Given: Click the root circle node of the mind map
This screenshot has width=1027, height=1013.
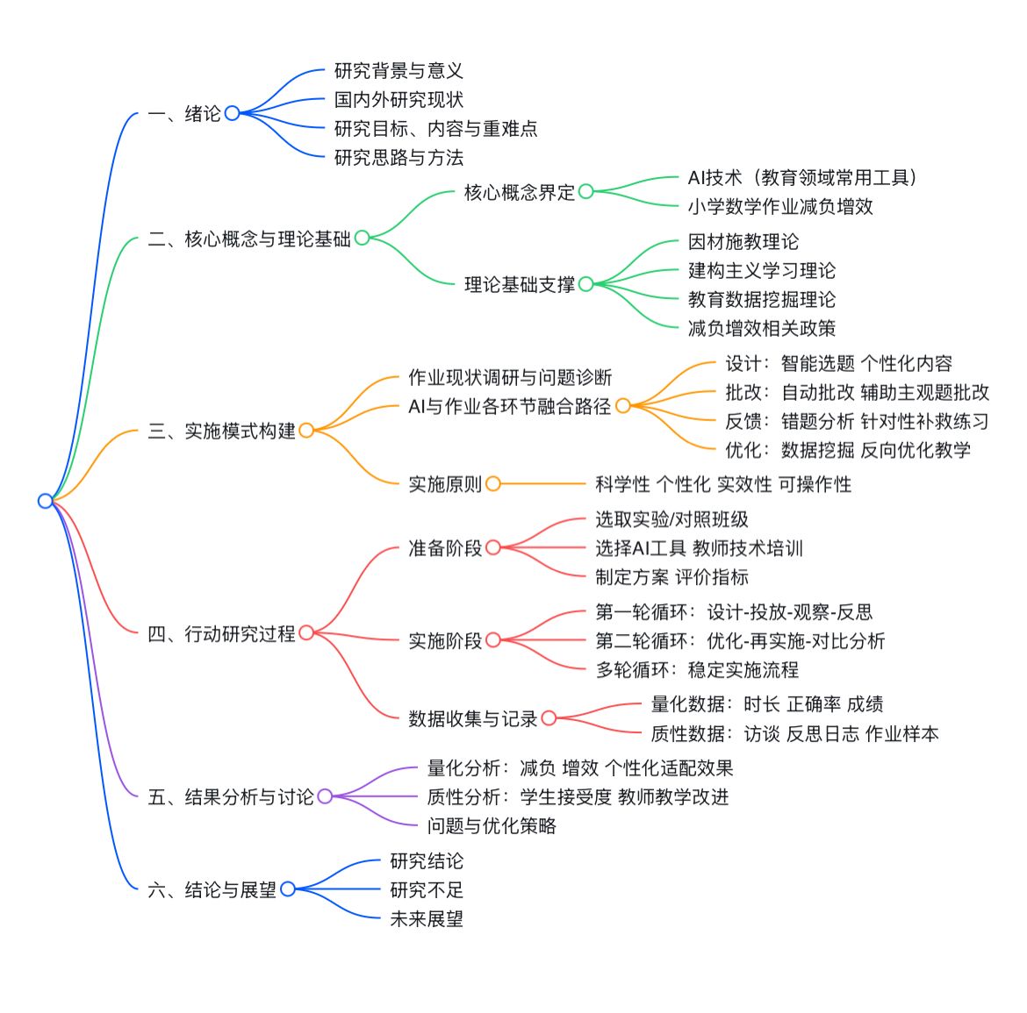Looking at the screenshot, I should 46,501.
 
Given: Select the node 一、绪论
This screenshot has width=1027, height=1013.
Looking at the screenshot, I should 184,113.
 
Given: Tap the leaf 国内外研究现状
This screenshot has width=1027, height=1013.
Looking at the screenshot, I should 399,99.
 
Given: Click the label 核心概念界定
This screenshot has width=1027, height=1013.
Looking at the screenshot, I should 519,192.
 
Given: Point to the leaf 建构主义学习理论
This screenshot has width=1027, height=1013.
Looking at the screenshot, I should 761,270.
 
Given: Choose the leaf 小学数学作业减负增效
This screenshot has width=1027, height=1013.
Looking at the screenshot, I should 779,206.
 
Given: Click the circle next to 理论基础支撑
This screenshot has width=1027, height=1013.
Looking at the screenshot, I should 585,283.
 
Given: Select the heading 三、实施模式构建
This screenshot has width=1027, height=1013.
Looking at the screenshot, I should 221,431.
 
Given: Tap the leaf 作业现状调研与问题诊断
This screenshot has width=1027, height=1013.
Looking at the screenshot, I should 509,377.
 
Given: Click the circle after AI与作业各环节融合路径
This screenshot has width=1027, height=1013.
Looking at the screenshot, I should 622,405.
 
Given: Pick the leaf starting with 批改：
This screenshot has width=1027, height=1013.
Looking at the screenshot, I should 857,392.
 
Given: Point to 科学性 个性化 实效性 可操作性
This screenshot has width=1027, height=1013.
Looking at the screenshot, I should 722,483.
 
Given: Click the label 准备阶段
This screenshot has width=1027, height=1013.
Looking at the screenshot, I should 444,547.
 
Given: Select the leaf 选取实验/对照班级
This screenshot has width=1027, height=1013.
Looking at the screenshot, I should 671,519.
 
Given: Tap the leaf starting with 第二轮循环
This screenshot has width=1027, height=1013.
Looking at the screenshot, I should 739,640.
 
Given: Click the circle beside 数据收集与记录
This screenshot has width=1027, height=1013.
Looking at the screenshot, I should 549,718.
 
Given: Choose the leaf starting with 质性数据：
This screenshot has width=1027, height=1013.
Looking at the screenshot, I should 794,733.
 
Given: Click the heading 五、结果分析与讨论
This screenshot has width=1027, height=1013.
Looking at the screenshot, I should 230,796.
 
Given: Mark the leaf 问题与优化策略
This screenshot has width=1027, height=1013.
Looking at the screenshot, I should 491,825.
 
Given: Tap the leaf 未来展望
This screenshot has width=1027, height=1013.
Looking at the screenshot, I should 426,918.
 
